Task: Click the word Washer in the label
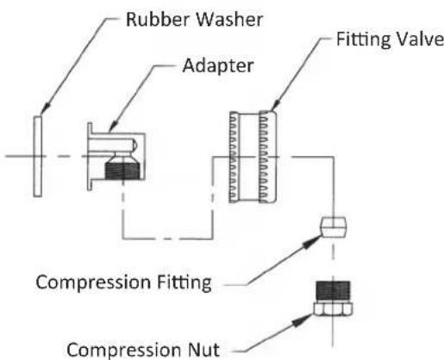pyautogui.click(x=229, y=20)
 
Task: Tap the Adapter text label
pyautogui.click(x=218, y=66)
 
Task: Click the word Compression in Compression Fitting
pyautogui.click(x=93, y=282)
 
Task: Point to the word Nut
pyautogui.click(x=203, y=350)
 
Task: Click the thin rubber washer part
pyautogui.click(x=37, y=157)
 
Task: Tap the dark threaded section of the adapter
pyautogui.click(x=122, y=171)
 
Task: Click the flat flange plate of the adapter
pyautogui.click(x=90, y=157)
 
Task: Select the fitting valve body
pyautogui.click(x=253, y=157)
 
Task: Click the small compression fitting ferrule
pyautogui.click(x=334, y=227)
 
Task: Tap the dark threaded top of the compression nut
pyautogui.click(x=333, y=291)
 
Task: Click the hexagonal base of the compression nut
pyautogui.click(x=333, y=309)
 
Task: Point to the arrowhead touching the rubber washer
pyautogui.click(x=46, y=109)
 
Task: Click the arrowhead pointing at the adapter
pyautogui.click(x=114, y=127)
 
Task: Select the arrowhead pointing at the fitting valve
pyautogui.click(x=276, y=106)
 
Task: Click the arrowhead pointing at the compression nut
pyautogui.click(x=302, y=320)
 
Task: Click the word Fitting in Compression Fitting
pyautogui.click(x=184, y=283)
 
